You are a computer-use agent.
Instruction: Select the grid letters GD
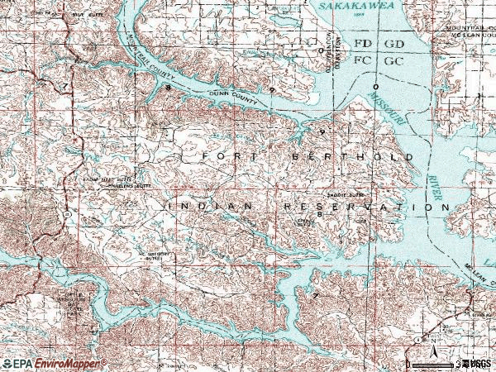393,43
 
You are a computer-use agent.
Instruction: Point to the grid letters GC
393,60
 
